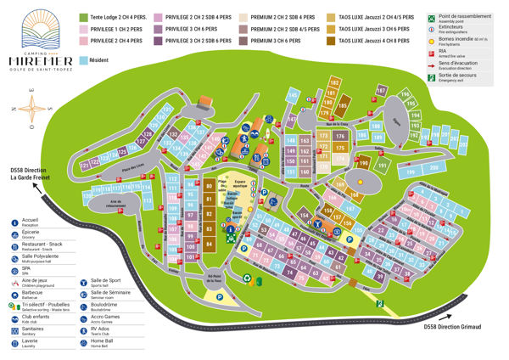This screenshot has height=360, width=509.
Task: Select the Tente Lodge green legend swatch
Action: coord(84,17)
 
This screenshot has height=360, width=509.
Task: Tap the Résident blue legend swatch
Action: coord(84,61)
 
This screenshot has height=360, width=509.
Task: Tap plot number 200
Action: coord(432,168)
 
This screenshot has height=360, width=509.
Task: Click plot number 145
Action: coord(293,95)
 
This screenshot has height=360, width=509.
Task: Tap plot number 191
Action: coord(383,166)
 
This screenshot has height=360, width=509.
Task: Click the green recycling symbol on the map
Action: coord(247,277)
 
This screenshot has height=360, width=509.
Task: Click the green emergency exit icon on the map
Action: coord(381,303)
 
